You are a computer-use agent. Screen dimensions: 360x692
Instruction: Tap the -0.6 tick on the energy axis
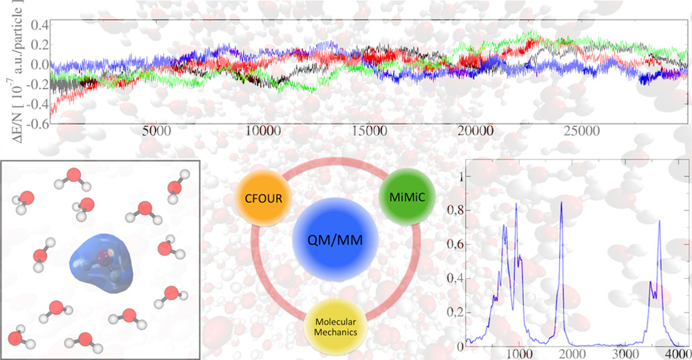point(35,125)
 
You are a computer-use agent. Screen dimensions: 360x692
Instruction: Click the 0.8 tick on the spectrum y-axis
point(455,210)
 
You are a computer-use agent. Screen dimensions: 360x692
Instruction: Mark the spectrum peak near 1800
point(561,202)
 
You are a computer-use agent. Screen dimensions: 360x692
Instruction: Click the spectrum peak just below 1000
point(516,204)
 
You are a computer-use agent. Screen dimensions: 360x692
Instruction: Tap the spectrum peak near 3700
point(659,222)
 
